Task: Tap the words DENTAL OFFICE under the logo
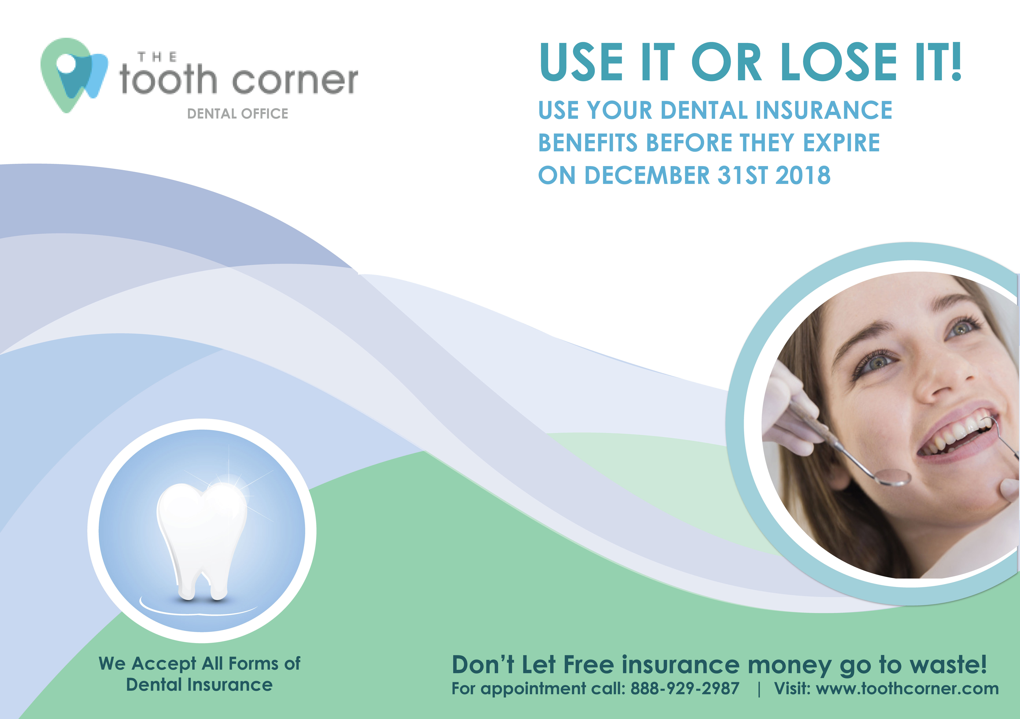point(238,114)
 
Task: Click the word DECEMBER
point(647,175)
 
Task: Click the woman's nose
point(935,378)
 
